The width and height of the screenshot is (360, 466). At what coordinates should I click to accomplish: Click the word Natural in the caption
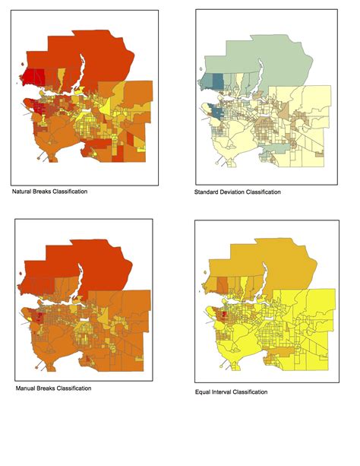[x=22, y=191]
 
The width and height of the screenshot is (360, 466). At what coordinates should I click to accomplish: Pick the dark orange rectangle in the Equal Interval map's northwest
[x=221, y=285]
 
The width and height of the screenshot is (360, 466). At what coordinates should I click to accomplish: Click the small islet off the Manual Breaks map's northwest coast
[x=21, y=287]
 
